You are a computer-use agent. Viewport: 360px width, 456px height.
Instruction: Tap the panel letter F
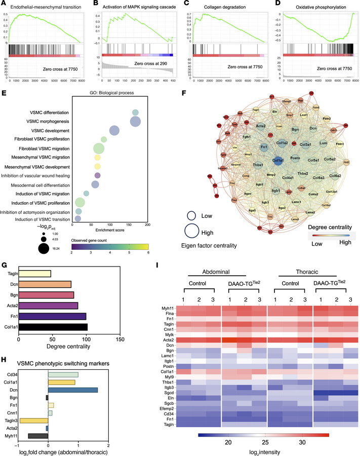pyautogui.click(x=183, y=92)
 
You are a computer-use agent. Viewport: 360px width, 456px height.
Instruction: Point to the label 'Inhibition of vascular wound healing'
pyautogui.click(x=38, y=175)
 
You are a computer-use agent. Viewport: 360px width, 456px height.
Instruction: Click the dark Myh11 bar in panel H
pyautogui.click(x=38, y=449)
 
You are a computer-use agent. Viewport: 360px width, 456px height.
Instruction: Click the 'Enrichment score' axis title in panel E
pyautogui.click(x=109, y=231)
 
